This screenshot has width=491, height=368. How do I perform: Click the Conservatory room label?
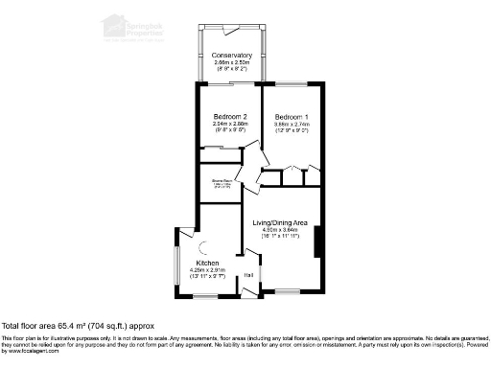[232, 56]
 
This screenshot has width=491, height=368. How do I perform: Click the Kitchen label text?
[207, 263]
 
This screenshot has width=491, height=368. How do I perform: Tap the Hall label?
[247, 275]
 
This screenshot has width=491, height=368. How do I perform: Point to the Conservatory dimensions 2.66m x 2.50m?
[232, 63]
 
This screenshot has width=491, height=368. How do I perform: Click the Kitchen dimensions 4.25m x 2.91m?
[207, 270]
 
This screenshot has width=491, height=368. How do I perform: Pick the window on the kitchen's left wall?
[175, 259]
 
